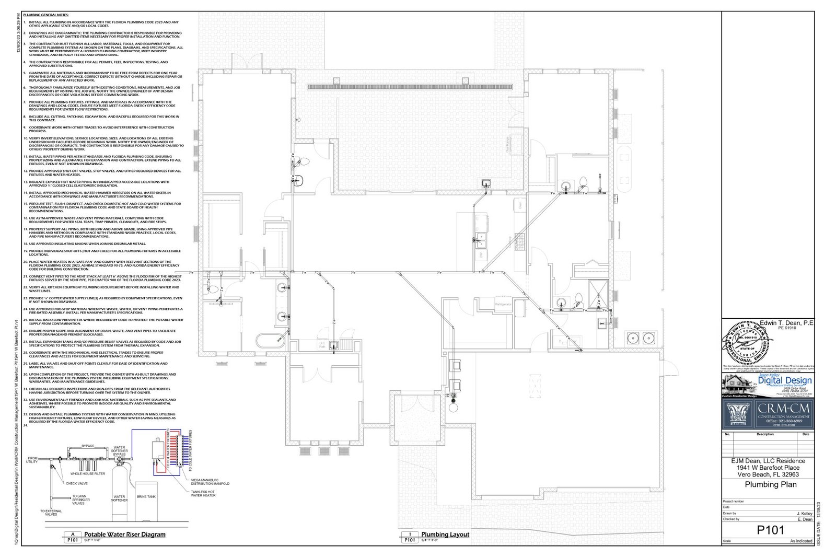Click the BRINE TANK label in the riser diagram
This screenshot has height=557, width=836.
coord(146,496)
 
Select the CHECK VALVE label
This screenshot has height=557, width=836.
coord(76,483)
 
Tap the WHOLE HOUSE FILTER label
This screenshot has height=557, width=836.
coord(88,474)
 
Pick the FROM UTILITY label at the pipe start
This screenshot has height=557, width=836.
coord(32,460)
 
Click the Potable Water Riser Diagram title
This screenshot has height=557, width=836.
coord(125,534)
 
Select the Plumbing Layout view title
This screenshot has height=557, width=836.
coord(445,534)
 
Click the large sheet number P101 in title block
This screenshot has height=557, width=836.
coord(771,530)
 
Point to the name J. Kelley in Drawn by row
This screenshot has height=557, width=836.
coord(804,514)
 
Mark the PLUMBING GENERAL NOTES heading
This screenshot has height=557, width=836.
coord(46,16)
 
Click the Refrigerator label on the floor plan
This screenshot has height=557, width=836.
coord(503,304)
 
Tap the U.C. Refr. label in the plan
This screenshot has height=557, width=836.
coord(322,344)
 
